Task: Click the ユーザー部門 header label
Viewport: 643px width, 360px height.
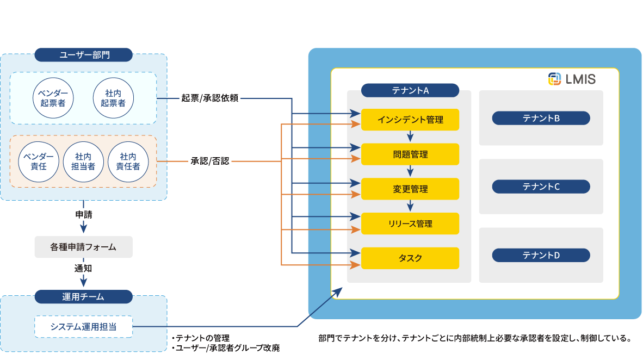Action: pyautogui.click(x=83, y=55)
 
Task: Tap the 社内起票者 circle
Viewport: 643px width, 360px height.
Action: pyautogui.click(x=114, y=98)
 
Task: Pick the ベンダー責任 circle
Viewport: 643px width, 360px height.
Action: pyautogui.click(x=38, y=162)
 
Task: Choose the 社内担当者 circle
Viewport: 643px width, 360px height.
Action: pyautogui.click(x=83, y=162)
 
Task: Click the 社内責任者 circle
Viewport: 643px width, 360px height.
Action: pyautogui.click(x=128, y=162)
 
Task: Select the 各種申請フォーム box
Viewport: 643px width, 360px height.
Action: pyautogui.click(x=83, y=247)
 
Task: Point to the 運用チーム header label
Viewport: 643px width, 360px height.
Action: pyautogui.click(x=83, y=297)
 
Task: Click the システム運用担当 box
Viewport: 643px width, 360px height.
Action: pyautogui.click(x=83, y=327)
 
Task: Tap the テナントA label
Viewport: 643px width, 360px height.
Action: pyautogui.click(x=410, y=90)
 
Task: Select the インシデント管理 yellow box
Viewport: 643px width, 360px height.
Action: pyautogui.click(x=410, y=120)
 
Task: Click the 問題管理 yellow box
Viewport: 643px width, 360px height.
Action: pyautogui.click(x=410, y=154)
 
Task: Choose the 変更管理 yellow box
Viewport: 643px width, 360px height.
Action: pyautogui.click(x=410, y=189)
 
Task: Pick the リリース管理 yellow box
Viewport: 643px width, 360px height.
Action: pyautogui.click(x=410, y=224)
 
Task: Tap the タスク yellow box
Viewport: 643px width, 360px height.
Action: pyautogui.click(x=410, y=258)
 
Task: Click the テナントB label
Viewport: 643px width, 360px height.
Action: pyautogui.click(x=541, y=118)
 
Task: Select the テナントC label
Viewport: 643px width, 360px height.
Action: pyautogui.click(x=541, y=187)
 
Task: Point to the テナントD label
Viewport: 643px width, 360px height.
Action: pyautogui.click(x=541, y=255)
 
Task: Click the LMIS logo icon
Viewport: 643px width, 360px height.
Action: pyautogui.click(x=554, y=79)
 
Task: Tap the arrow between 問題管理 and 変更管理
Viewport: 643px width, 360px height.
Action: pyautogui.click(x=410, y=172)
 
